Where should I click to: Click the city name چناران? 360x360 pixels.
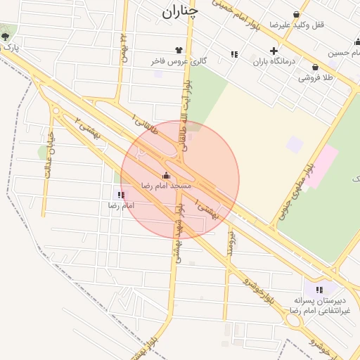click(x=180, y=11)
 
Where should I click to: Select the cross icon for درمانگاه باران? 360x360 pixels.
click(x=274, y=50)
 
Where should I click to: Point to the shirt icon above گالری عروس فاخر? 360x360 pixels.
click(x=179, y=50)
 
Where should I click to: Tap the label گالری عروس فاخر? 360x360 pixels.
click(x=179, y=61)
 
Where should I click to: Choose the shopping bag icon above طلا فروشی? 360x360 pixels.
click(x=315, y=67)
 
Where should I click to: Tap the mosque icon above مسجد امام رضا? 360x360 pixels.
click(x=166, y=175)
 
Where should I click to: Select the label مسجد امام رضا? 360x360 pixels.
click(x=166, y=186)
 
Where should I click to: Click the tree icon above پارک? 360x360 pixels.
click(x=6, y=36)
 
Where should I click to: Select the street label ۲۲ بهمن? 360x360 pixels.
click(x=124, y=48)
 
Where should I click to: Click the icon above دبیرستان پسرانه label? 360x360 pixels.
click(x=320, y=289)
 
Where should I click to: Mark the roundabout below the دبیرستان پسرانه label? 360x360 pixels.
click(x=293, y=320)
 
